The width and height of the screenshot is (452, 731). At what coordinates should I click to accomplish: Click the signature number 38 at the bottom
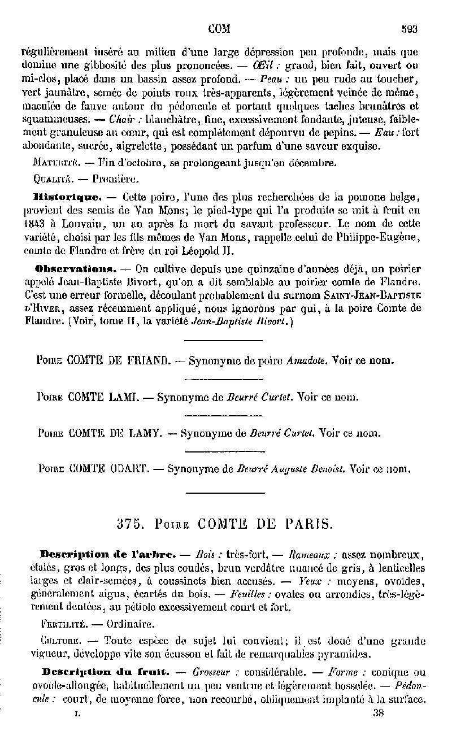point(378,713)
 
